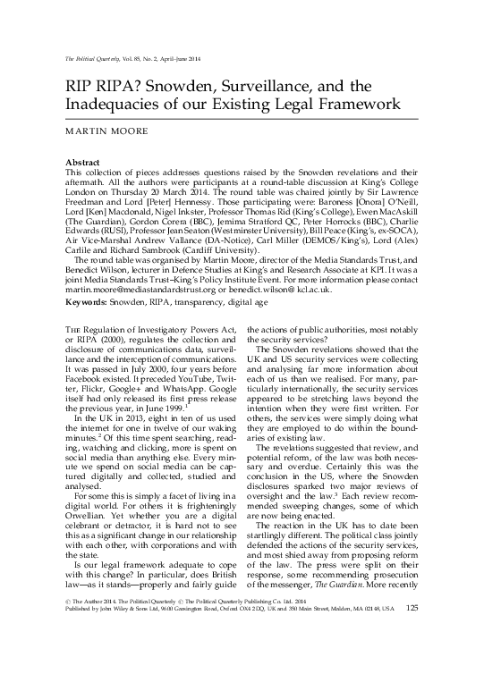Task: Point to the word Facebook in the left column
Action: (86, 387)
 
